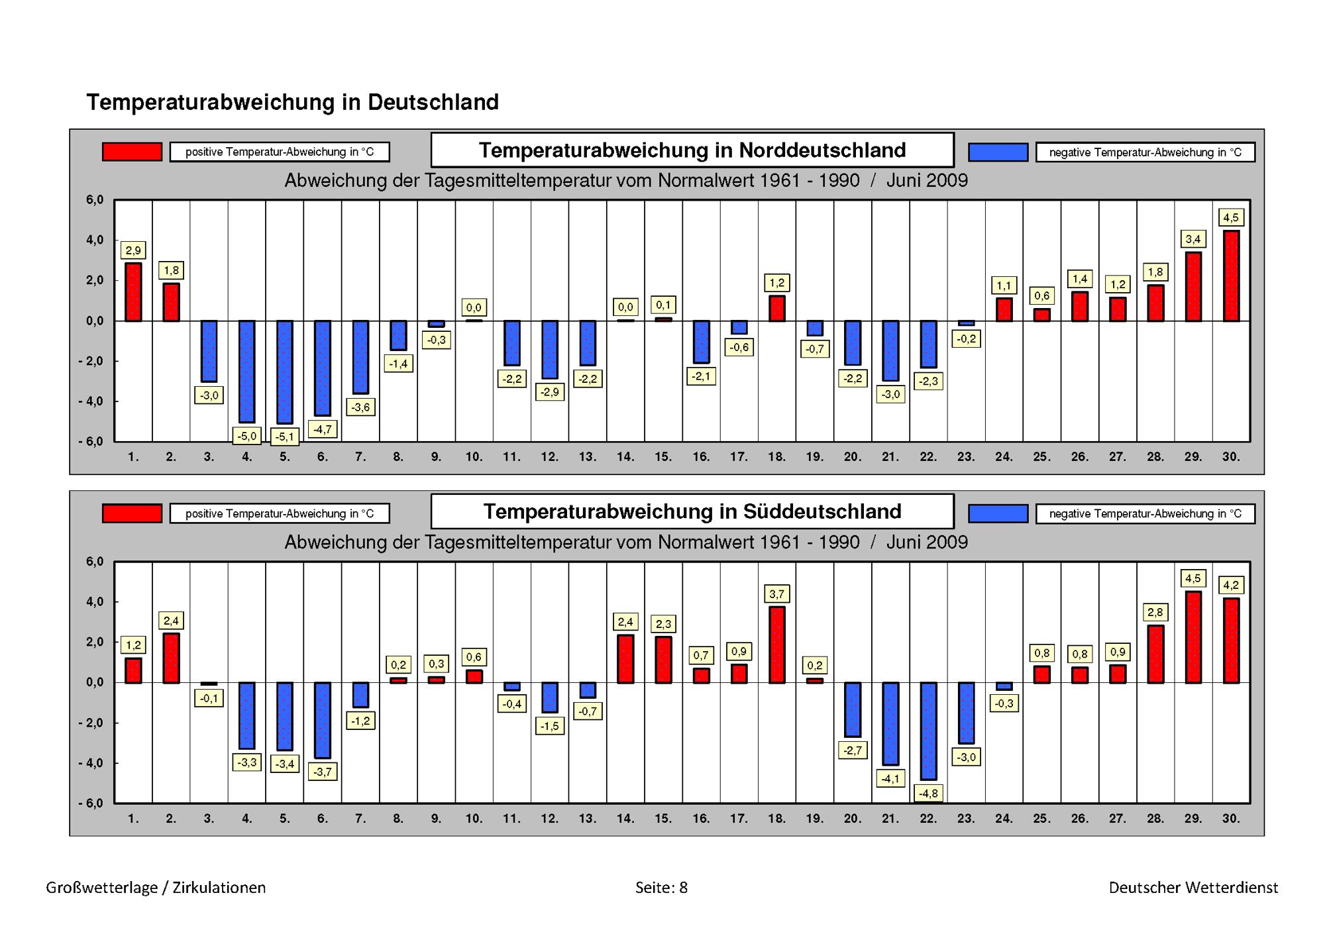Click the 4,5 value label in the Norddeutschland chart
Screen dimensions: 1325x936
point(1231,217)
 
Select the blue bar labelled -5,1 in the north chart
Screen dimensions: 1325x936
point(285,372)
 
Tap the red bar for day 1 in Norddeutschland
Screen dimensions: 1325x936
point(133,292)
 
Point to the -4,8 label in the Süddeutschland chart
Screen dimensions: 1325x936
point(928,793)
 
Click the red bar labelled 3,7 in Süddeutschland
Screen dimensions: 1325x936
point(776,645)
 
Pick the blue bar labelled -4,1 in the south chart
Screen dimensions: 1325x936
point(890,723)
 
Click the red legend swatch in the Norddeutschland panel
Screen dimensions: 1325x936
point(132,152)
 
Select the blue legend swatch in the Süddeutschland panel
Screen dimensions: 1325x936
point(998,513)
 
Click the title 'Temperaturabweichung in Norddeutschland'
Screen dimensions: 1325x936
point(692,150)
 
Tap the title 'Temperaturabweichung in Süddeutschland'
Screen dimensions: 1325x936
point(692,511)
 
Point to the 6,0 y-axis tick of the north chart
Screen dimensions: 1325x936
point(95,200)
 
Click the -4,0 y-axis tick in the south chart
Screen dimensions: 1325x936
point(91,763)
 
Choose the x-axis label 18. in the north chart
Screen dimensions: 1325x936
point(776,456)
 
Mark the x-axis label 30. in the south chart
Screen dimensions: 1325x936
point(1231,818)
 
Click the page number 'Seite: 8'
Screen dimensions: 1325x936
point(661,888)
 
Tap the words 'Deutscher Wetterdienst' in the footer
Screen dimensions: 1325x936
point(1193,888)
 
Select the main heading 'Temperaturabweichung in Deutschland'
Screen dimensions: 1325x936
point(292,102)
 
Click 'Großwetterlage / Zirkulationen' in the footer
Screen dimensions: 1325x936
point(156,888)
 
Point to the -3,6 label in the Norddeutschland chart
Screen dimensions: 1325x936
point(360,407)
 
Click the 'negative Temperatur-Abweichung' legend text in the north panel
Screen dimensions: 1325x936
point(1145,152)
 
